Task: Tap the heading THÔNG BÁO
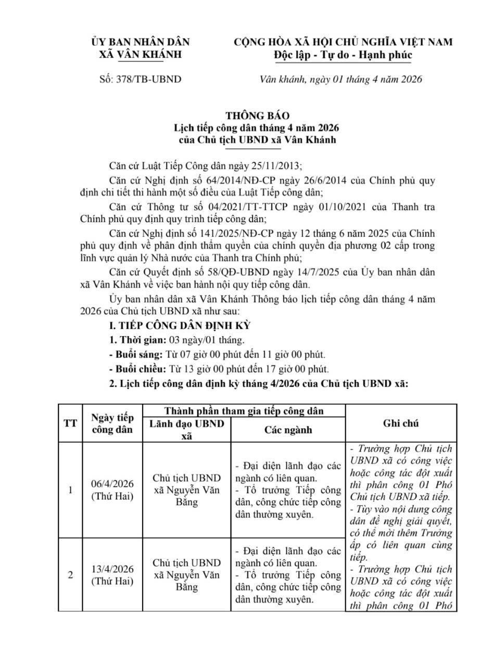[257, 116]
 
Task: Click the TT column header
[70, 424]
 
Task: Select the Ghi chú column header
[401, 424]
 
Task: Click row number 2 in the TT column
[70, 574]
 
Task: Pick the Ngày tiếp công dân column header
[112, 424]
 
